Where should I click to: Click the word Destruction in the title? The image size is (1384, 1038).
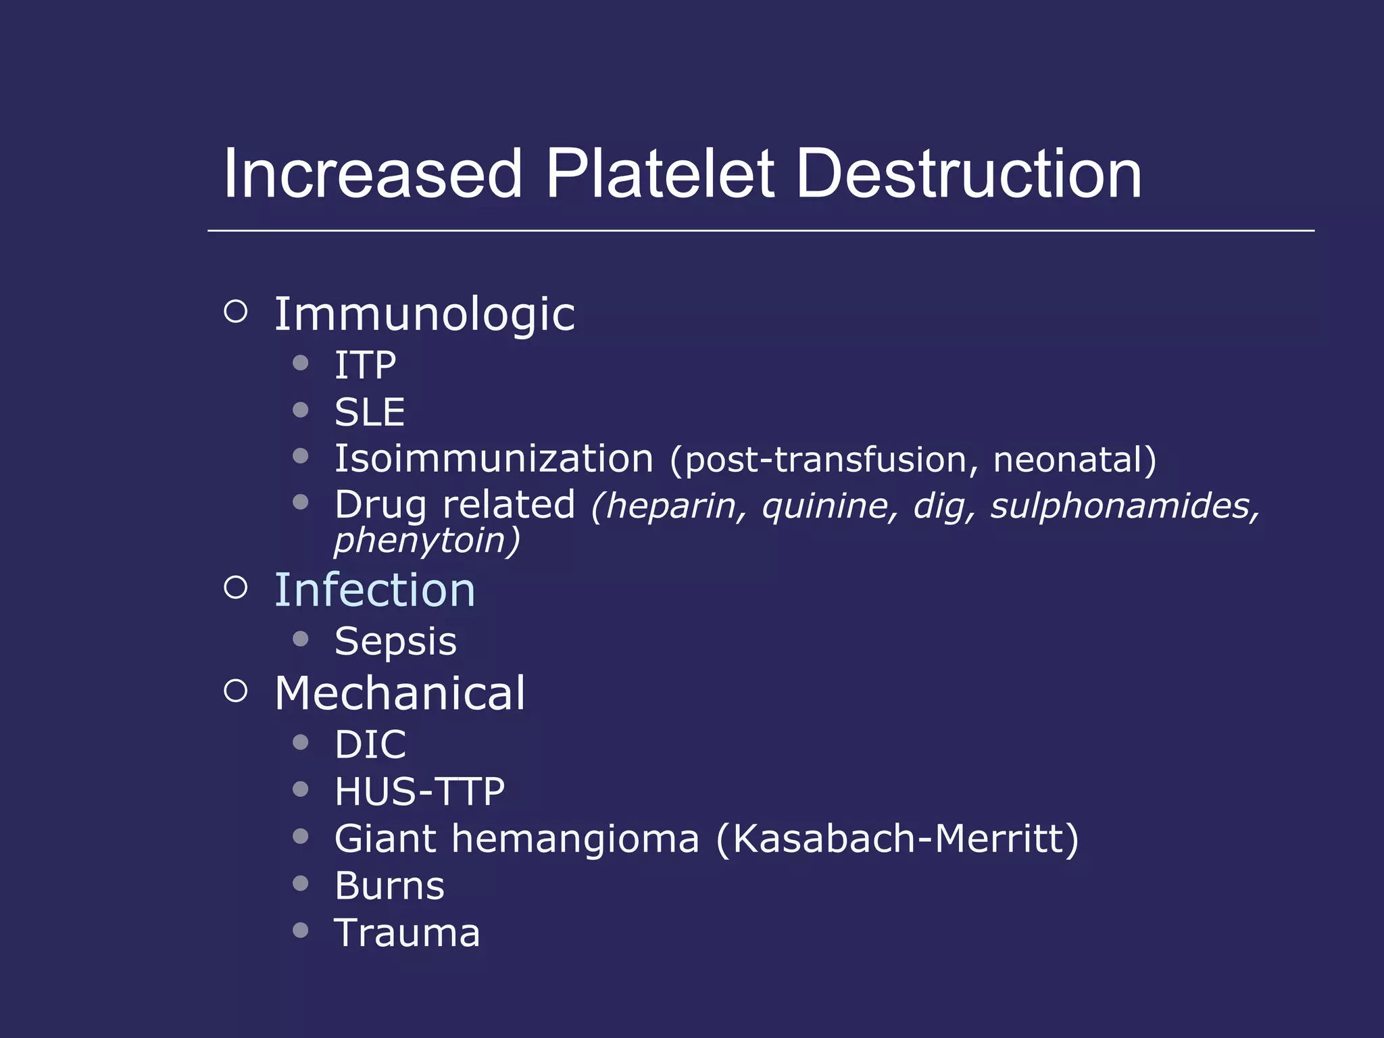pos(968,174)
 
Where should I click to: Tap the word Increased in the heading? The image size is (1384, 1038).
pos(372,174)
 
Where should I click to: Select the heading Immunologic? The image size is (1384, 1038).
pos(424,315)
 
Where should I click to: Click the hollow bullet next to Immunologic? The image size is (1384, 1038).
pos(235,312)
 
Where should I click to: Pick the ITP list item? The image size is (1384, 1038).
pos(365,366)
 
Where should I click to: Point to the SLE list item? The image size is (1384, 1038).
pos(370,412)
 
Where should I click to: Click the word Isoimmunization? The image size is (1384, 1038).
pos(494,459)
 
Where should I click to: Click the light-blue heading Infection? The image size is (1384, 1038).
pos(374,591)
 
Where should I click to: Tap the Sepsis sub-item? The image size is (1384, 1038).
pos(395,641)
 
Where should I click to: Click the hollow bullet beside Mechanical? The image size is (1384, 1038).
pos(235,691)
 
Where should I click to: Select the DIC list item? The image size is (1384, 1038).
pos(370,745)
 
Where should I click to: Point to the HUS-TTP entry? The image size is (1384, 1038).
pos(420,791)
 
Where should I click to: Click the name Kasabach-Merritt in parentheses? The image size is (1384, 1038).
pos(896,839)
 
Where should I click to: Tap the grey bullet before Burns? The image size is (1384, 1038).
pos(301,883)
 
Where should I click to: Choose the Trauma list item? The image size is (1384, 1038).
pos(407,933)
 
